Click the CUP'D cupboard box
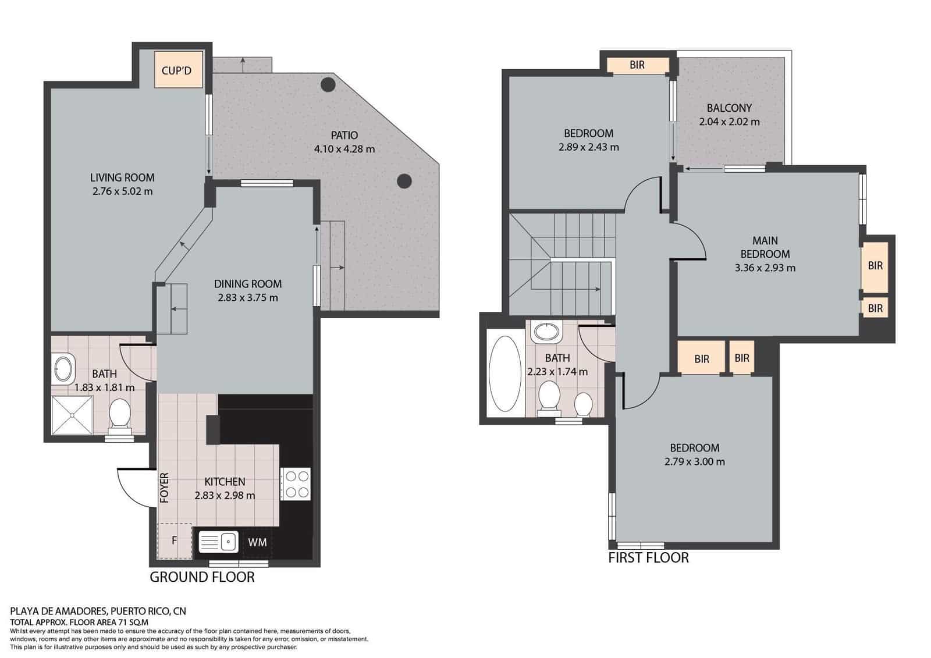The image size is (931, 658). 176,70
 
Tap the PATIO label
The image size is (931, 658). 344,135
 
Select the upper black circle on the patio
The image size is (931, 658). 329,85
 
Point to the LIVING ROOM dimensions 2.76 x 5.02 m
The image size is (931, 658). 122,191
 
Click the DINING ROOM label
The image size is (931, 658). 247,284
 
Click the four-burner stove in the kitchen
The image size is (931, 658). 296,484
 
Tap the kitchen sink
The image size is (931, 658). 219,542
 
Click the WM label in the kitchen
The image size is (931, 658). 257,542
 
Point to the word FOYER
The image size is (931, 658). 165,488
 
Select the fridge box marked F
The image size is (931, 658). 174,540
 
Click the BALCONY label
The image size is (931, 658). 729,108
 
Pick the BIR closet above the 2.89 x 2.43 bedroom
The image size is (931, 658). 637,65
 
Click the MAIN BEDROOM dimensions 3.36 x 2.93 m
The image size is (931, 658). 765,268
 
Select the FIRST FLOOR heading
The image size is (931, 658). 648,558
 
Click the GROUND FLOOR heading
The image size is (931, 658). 202,577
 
